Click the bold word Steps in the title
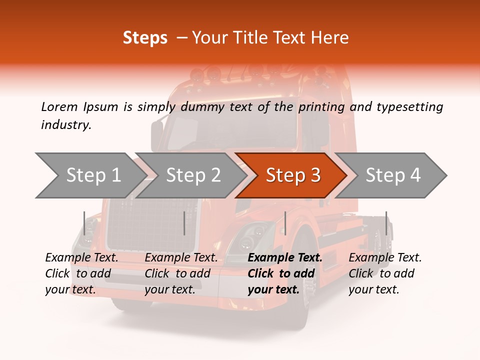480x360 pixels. [x=145, y=38]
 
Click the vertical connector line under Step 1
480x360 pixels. [x=84, y=223]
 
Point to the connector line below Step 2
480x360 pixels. [x=184, y=223]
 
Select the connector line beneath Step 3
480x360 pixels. [x=285, y=223]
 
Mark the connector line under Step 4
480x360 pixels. [x=386, y=223]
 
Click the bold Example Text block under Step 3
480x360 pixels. [x=284, y=273]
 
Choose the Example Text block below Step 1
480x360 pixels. [x=81, y=273]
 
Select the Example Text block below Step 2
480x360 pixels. [x=181, y=273]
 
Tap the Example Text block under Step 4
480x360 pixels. [x=384, y=273]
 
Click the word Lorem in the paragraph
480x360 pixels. [x=59, y=106]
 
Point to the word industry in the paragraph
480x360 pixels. [x=66, y=125]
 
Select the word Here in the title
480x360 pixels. [x=332, y=38]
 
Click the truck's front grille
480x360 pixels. [x=150, y=225]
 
